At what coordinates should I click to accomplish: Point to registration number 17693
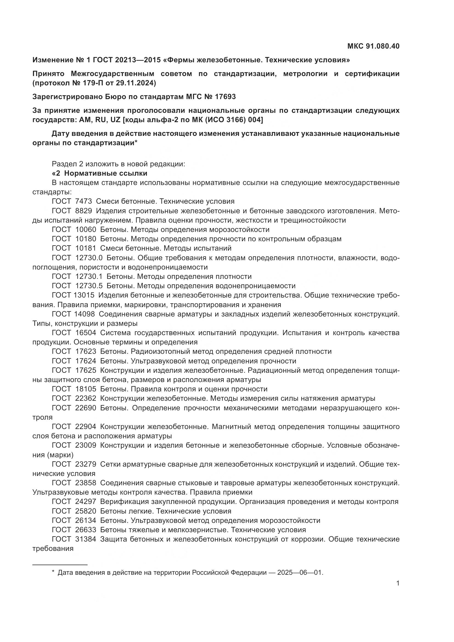pos(225,97)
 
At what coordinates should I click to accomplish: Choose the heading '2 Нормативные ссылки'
pos(100,173)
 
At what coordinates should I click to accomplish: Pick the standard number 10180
pos(86,239)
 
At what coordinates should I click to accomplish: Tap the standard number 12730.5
pos(89,286)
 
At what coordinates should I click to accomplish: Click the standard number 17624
pos(86,361)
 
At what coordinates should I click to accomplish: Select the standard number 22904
pos(86,427)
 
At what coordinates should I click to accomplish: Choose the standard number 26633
pos(86,530)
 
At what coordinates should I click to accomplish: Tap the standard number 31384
pos(86,539)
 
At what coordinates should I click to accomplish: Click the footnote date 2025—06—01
pos(300,573)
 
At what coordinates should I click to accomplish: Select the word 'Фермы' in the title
pos(182,60)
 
